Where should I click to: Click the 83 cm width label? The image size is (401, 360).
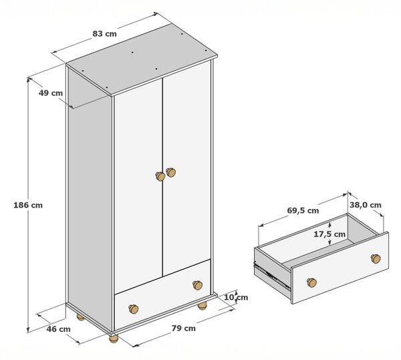point(104,33)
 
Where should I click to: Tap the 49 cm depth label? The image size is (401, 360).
point(51,93)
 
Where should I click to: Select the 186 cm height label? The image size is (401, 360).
point(28,205)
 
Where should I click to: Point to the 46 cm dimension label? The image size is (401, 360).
point(58,329)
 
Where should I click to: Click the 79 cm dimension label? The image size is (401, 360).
point(183,329)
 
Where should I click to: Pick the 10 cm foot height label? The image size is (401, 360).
point(236,297)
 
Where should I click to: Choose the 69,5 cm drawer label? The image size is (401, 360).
point(303,211)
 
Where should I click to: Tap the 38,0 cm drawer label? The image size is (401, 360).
point(366,205)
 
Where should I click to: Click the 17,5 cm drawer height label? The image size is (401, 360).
point(329,234)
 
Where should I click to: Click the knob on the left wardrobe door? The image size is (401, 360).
point(160,176)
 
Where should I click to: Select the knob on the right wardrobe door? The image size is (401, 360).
point(170,173)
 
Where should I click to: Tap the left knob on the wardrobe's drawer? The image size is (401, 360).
point(133,309)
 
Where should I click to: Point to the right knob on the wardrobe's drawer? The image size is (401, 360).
point(197,285)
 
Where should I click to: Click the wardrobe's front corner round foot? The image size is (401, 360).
point(114,339)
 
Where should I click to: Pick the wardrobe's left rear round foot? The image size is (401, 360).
point(80,317)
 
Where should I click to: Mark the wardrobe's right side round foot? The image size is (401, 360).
point(202,305)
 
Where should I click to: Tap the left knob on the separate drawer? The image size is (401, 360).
point(311,282)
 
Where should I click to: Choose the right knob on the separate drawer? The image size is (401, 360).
point(376,258)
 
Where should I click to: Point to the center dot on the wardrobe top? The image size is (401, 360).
point(132,52)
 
